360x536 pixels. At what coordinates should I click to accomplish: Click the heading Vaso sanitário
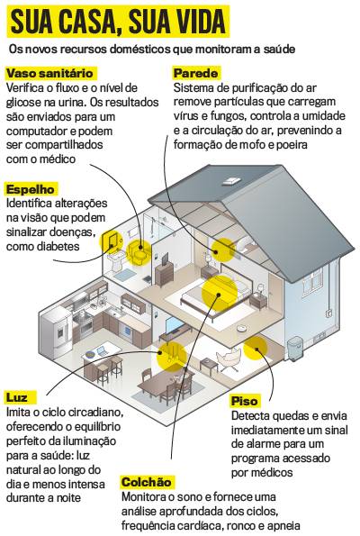[49, 73]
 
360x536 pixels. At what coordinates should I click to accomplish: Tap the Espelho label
[31, 189]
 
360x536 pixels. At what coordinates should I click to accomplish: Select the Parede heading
[195, 73]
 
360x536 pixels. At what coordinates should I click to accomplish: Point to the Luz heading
[17, 397]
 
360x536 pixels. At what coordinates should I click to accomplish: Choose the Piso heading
[245, 401]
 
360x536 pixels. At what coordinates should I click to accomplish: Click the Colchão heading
[147, 482]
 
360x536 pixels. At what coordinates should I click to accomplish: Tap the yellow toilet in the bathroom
[139, 253]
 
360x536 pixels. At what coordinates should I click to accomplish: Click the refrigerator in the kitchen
[57, 332]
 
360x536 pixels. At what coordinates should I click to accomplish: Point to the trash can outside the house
[295, 349]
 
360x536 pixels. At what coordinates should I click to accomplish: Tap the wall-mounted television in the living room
[174, 325]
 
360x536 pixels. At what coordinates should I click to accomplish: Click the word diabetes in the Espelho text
[59, 246]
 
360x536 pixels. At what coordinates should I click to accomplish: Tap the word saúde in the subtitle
[279, 50]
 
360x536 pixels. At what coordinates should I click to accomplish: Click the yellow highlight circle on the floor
[255, 349]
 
